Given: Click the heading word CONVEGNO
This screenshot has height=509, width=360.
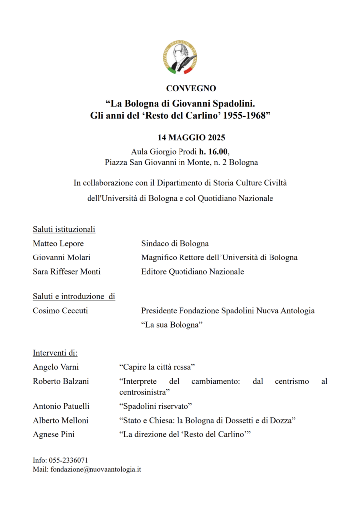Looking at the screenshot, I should pos(191,89).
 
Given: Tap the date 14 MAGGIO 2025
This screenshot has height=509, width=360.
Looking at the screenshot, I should pos(191,138).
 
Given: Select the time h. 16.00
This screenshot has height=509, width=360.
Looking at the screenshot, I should pos(214,151).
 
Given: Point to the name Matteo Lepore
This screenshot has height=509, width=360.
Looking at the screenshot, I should pos(58,244).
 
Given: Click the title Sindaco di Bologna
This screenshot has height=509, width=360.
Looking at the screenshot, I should pos(175,244).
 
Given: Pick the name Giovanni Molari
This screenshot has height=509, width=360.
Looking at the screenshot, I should pos(62,257).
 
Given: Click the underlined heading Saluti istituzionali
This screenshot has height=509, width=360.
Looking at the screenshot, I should pos(64,229).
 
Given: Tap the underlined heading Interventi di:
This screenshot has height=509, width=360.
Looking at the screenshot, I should pos(55,353).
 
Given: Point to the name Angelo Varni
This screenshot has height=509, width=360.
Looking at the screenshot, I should pos(56,367).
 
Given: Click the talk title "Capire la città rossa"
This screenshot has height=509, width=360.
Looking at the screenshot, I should pos(157,367).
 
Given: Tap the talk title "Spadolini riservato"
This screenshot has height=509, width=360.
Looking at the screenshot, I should pos(155,406).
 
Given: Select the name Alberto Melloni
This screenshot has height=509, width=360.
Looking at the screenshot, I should pos(61,421).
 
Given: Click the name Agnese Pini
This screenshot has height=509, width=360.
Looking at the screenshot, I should pos(54,434).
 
